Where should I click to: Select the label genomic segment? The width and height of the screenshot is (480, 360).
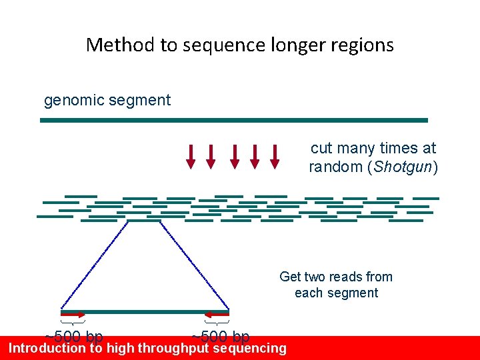click(107, 101)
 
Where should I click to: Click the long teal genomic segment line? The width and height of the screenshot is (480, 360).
click(233, 121)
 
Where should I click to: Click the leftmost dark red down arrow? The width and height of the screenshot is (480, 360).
click(191, 155)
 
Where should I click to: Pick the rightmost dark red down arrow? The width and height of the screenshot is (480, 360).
click(274, 155)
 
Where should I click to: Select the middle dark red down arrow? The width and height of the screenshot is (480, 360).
click(234, 155)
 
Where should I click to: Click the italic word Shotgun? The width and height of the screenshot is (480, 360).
click(402, 167)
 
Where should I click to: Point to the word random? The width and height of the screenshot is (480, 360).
click(335, 167)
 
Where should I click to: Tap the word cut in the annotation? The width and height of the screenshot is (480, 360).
click(322, 148)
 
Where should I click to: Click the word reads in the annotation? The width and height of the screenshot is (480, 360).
click(346, 277)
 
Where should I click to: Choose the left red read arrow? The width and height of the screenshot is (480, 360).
click(73, 314)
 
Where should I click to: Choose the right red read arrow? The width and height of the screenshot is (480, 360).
click(217, 314)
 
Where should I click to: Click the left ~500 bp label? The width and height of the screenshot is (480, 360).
click(73, 336)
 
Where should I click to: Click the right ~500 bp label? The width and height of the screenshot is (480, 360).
click(221, 336)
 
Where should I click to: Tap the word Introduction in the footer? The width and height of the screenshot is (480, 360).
click(47, 348)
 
